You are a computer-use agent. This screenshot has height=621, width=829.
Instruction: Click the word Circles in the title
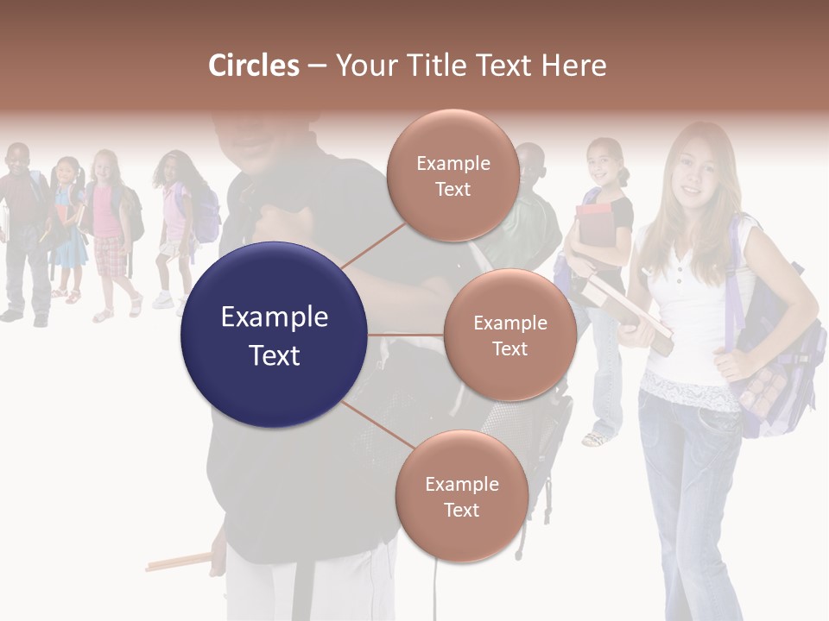pos(253,66)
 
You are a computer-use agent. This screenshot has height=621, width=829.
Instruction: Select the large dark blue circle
pos(274,335)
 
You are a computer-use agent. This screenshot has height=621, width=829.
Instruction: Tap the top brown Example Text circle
pos(452,175)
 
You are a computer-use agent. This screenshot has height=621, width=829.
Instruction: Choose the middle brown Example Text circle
pos(509,335)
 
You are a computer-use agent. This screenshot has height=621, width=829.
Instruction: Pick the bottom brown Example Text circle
pos(461,496)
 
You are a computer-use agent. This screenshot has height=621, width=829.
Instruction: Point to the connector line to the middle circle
pos(406,335)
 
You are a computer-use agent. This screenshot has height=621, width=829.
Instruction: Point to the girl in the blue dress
pos(68,229)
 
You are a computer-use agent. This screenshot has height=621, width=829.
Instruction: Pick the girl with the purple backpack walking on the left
pos(178,224)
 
